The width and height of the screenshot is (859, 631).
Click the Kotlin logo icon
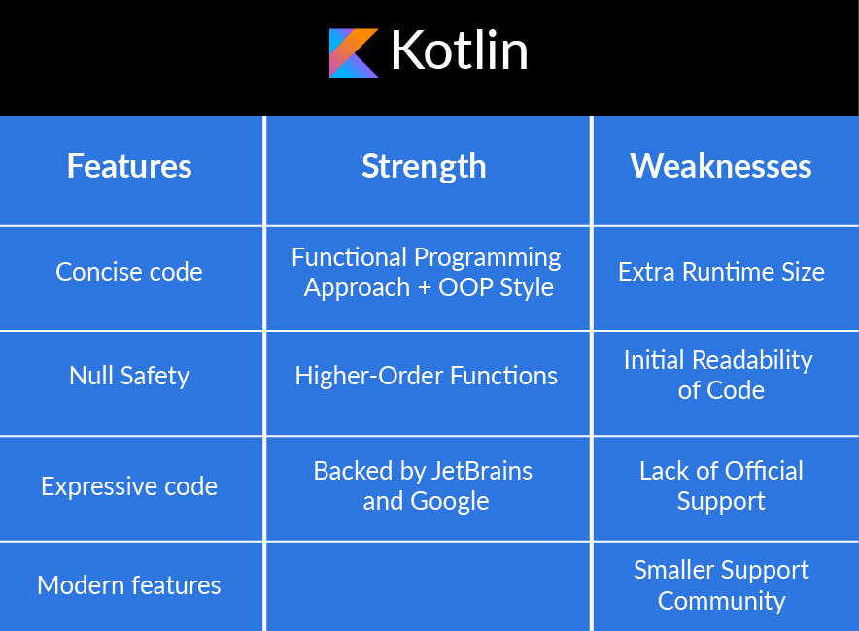pyautogui.click(x=354, y=53)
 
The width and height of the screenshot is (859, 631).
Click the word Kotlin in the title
pyautogui.click(x=459, y=50)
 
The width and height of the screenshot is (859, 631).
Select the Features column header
pyautogui.click(x=129, y=166)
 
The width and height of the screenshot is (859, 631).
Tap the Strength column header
pyautogui.click(x=424, y=167)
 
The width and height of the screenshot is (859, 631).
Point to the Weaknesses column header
pyautogui.click(x=720, y=166)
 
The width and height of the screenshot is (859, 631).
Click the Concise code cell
pyautogui.click(x=129, y=272)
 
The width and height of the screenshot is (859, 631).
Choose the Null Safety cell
pyautogui.click(x=129, y=376)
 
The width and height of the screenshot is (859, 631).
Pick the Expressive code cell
pyautogui.click(x=129, y=486)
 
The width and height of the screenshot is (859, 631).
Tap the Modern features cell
pyautogui.click(x=129, y=585)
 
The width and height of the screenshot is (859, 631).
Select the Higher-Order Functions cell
pyautogui.click(x=427, y=376)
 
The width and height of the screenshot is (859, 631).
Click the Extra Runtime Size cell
pyautogui.click(x=721, y=272)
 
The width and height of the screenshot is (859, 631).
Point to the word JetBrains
pyautogui.click(x=482, y=471)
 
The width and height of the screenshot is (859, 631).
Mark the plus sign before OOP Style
pyautogui.click(x=424, y=288)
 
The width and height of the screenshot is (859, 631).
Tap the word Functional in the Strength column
pyautogui.click(x=349, y=257)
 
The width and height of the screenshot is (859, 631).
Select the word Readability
pyautogui.click(x=752, y=361)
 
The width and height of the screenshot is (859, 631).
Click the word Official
pyautogui.click(x=764, y=471)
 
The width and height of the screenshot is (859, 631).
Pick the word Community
pyautogui.click(x=721, y=602)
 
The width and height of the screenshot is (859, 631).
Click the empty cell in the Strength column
pyautogui.click(x=428, y=586)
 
